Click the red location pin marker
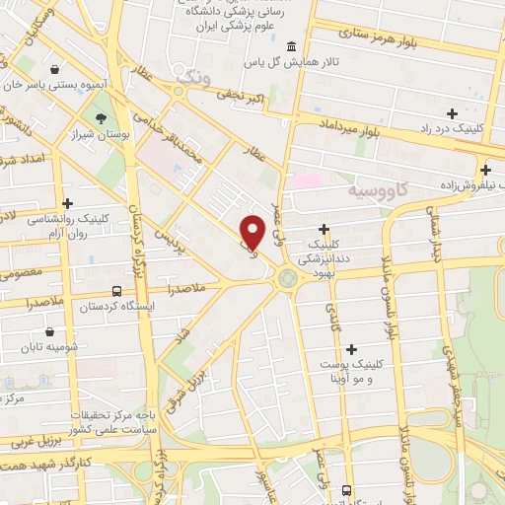(x=252, y=231)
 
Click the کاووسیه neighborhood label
(x=381, y=187)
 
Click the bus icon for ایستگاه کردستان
(x=117, y=292)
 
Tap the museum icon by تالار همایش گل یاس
(x=291, y=47)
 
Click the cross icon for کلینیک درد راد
(x=453, y=114)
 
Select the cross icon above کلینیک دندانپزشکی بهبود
(x=324, y=229)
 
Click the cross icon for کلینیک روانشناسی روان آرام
(x=66, y=202)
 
